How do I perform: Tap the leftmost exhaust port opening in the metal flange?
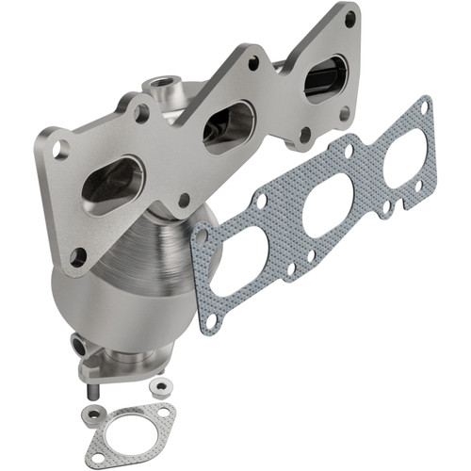112,178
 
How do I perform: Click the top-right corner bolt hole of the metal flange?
350,18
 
